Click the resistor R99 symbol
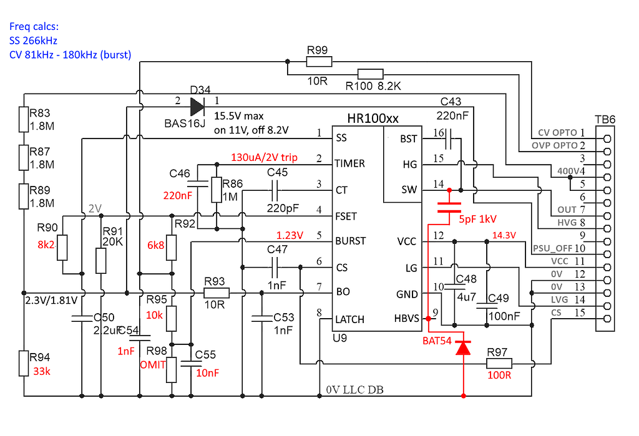point(319,61)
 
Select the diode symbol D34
point(197,106)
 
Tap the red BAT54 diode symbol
point(462,347)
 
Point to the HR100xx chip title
point(373,119)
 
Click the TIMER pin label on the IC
point(351,163)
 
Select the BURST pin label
point(350,241)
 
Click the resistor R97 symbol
point(499,363)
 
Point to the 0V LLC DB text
point(354,390)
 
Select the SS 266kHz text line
point(34,41)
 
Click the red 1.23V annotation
point(290,236)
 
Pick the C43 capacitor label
point(451,102)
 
